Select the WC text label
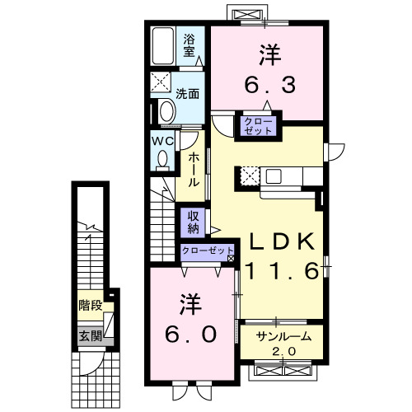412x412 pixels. click(x=162, y=140)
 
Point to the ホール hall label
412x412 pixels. click(x=191, y=167)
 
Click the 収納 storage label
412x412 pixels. click(x=192, y=221)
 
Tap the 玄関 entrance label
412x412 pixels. click(x=91, y=335)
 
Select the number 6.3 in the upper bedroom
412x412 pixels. click(x=269, y=85)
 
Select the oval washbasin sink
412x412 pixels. click(x=166, y=111)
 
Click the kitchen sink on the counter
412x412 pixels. click(x=274, y=176)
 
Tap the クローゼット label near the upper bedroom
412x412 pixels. click(x=258, y=126)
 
